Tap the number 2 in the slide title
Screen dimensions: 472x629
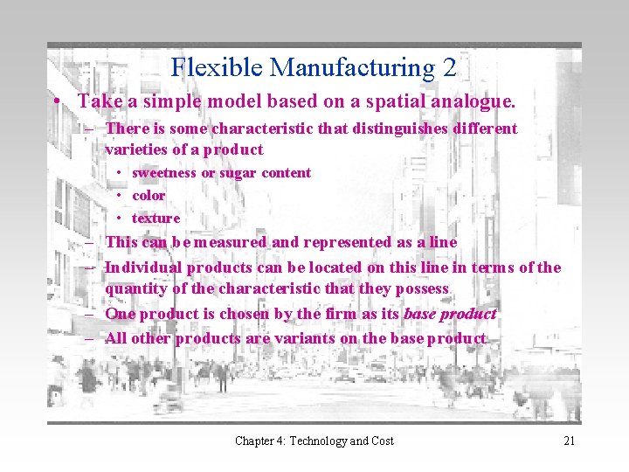448,67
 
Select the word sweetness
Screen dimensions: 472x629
163,173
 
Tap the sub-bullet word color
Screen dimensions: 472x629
149,196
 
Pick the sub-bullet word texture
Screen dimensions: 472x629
156,219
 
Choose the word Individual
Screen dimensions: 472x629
143,267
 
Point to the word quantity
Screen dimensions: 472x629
135,288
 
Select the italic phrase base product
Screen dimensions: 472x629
450,313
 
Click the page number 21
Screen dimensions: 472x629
569,441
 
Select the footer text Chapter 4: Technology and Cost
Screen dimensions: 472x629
314,441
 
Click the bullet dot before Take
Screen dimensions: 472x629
55,102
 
